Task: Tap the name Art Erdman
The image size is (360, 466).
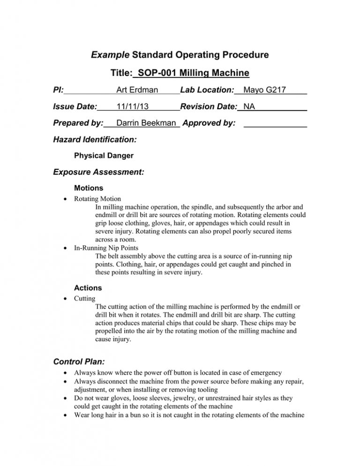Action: click(137, 89)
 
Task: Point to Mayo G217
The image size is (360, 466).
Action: click(266, 89)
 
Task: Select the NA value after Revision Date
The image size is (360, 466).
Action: click(249, 106)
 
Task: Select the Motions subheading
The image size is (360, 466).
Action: click(89, 188)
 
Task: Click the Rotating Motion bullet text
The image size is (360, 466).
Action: click(97, 199)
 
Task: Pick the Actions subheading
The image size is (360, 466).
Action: click(87, 287)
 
